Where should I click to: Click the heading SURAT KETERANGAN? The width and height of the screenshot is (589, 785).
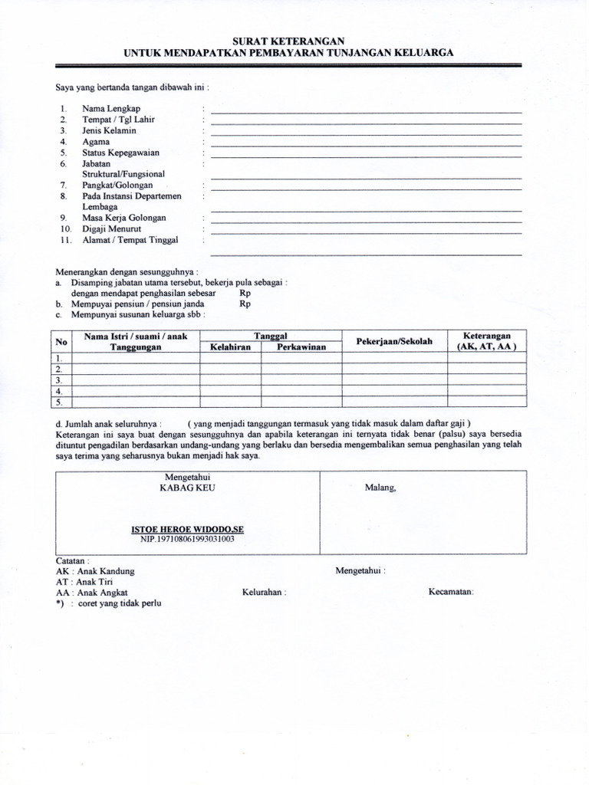point(288,41)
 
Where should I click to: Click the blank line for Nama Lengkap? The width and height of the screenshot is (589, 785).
point(366,112)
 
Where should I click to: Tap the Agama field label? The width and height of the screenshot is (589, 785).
point(96,142)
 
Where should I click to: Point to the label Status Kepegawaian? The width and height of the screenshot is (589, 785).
point(118,153)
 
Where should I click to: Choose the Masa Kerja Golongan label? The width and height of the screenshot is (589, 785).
point(124,218)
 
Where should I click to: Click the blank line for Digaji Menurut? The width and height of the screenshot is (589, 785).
point(366,232)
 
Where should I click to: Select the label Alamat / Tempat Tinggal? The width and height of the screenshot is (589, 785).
point(130,240)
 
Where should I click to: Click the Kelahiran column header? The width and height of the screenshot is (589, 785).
point(231,347)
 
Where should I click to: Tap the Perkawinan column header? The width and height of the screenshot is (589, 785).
point(301,347)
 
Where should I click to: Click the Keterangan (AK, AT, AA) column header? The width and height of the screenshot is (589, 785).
point(487,341)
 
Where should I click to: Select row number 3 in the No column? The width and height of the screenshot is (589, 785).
point(58,380)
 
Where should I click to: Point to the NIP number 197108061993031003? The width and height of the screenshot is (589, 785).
point(187,540)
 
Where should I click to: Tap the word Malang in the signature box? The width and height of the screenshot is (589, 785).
point(380,487)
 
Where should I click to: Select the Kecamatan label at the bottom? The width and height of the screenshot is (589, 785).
point(451,593)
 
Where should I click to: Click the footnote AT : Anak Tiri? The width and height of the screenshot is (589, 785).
point(84,582)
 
